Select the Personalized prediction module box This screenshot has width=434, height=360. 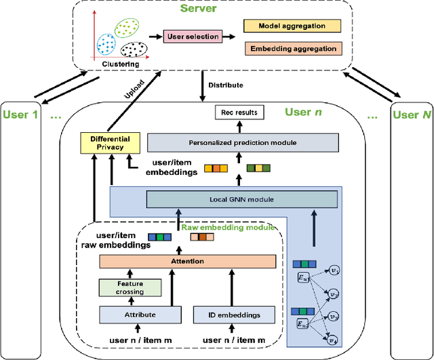[242, 142]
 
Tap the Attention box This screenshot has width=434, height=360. [187, 261]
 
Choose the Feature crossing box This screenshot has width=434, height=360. [131, 287]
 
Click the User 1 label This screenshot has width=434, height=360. [20, 115]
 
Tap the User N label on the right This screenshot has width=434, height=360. [412, 115]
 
